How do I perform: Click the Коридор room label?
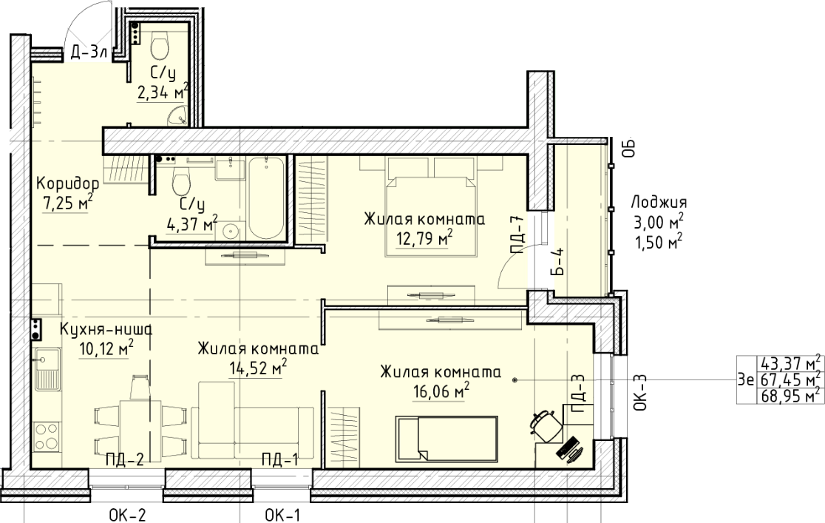click(x=67, y=183)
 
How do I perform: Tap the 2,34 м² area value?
click(x=163, y=92)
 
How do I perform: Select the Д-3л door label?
click(x=89, y=52)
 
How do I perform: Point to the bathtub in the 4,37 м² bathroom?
click(x=266, y=198)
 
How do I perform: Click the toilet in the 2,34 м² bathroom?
click(x=160, y=44)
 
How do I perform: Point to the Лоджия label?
click(x=659, y=202)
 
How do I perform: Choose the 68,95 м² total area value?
click(x=790, y=396)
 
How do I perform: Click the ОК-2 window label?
click(x=127, y=515)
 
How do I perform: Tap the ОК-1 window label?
click(x=282, y=515)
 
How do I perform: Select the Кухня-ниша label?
click(x=106, y=330)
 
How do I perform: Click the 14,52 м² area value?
click(x=258, y=368)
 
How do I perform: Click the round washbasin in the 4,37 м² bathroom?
click(x=231, y=230)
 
